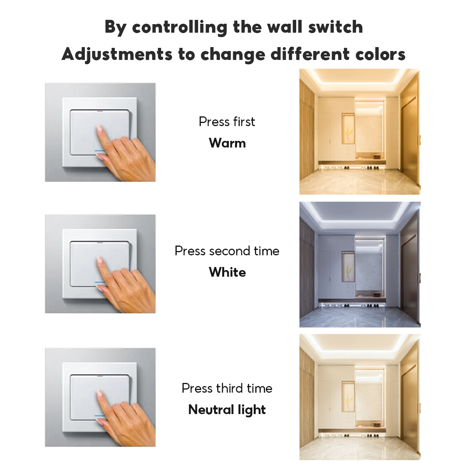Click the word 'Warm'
227,143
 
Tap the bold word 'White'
227,272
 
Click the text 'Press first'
227,121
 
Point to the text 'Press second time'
227,251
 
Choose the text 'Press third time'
227,388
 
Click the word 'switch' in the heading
335,27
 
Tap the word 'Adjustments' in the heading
117,54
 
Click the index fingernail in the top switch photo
99,128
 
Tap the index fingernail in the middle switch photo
99,260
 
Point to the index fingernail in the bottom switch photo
99,394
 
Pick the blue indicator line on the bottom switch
100,416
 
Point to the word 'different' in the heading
310,54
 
